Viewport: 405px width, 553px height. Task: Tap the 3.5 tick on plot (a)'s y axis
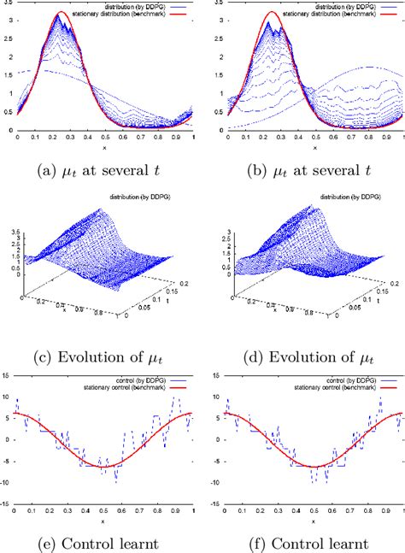pyautogui.click(x=8, y=4)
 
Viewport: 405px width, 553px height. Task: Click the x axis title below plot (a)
pyautogui.click(x=104, y=147)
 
